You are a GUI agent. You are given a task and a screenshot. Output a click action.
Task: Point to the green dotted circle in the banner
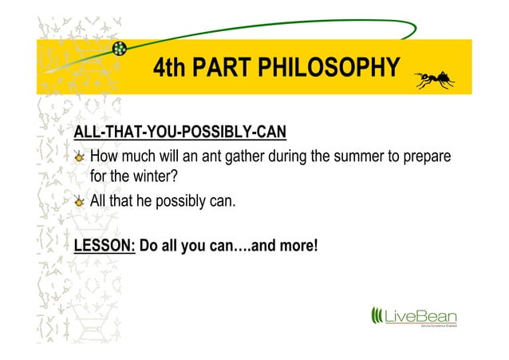(x=120, y=49)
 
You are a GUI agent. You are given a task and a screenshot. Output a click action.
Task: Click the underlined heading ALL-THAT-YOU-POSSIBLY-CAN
(x=180, y=131)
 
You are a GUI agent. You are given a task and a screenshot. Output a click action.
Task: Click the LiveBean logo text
(x=420, y=316)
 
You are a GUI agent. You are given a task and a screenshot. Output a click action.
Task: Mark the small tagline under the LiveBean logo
(x=438, y=327)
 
